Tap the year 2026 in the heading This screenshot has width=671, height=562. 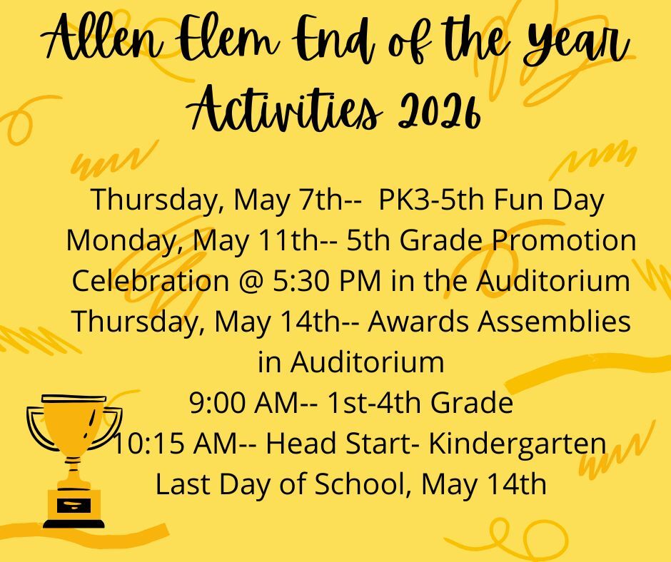(x=438, y=111)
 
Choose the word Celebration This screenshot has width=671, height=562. (x=151, y=280)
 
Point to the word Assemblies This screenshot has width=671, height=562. (x=554, y=321)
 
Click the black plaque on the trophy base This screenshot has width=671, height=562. (x=74, y=506)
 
